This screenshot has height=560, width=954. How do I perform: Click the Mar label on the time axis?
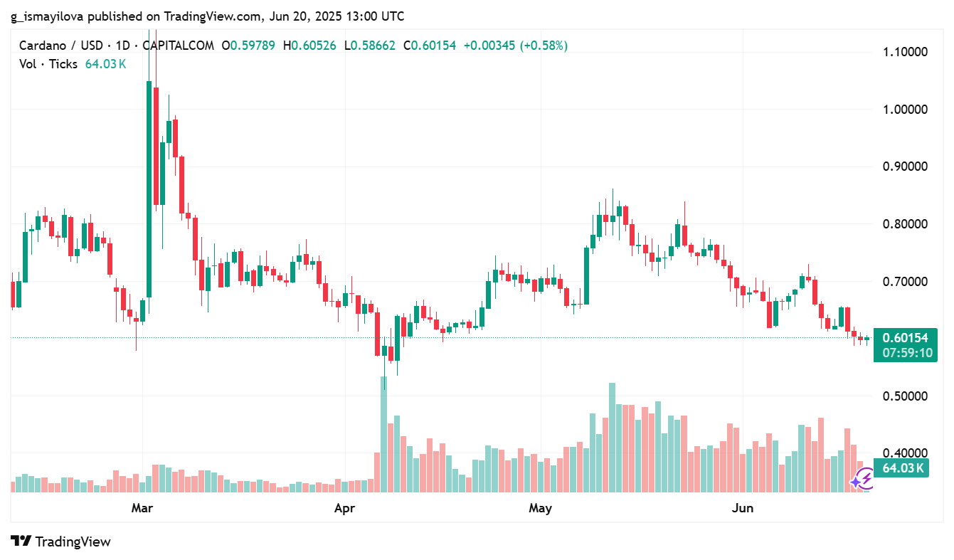(143, 508)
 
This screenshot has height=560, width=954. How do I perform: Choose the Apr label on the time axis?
(344, 508)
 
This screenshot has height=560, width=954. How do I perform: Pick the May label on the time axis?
(540, 508)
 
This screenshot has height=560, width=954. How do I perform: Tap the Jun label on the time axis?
(743, 508)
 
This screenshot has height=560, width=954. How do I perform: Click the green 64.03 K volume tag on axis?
(902, 468)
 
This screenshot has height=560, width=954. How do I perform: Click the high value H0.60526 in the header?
(310, 46)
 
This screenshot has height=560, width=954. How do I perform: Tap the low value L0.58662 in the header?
(370, 46)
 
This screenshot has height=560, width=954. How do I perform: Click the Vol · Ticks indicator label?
(48, 63)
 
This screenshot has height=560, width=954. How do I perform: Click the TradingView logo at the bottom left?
(61, 541)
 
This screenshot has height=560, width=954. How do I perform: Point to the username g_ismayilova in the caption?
(51, 16)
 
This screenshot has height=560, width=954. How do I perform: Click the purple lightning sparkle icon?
(862, 480)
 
